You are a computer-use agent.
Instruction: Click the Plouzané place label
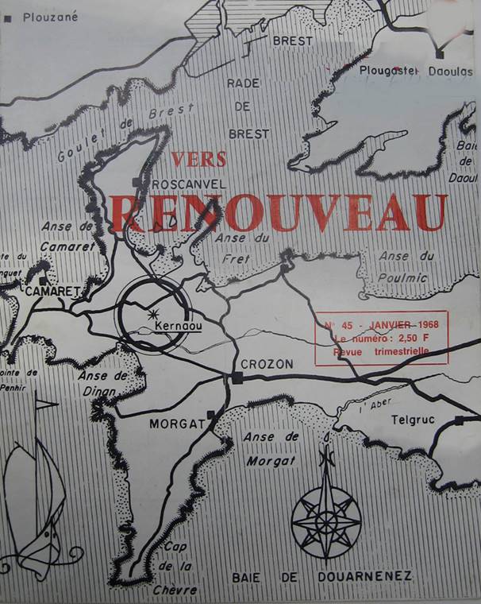[x=51, y=17]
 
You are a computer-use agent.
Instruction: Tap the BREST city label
[x=292, y=40]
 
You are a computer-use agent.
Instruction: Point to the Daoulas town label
[x=452, y=71]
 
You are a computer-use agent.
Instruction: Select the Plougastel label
[x=389, y=71]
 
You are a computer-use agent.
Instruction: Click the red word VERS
[x=198, y=159]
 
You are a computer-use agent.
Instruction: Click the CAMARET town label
[x=53, y=292]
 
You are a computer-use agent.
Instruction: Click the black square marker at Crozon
[x=237, y=378]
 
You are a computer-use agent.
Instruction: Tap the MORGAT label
[x=177, y=424]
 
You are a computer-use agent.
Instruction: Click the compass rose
[x=326, y=517]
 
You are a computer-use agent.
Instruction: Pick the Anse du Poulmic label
[x=405, y=266]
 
